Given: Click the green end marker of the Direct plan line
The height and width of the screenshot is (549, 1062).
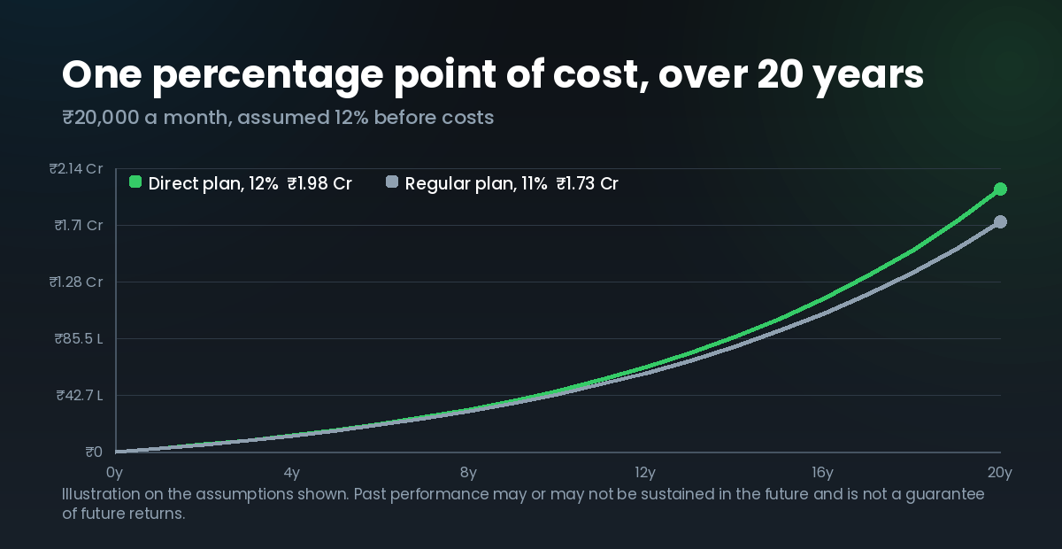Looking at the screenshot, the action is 1000,189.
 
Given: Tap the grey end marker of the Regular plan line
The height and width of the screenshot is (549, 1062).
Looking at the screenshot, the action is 1000,222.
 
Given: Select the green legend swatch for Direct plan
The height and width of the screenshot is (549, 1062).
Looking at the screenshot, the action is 135,182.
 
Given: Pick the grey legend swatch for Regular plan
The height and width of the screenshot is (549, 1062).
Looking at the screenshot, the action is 392,182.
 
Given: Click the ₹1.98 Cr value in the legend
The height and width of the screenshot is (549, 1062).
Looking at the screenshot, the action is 319,183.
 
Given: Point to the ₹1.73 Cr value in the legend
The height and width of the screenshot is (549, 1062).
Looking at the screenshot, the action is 588,183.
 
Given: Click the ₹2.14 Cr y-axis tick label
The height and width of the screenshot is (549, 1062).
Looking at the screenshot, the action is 76,168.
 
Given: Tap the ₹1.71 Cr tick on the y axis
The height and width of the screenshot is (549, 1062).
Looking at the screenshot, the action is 79,225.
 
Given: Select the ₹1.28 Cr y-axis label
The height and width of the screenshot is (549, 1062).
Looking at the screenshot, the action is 76,282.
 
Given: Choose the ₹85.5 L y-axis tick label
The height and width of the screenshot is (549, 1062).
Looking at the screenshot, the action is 79,338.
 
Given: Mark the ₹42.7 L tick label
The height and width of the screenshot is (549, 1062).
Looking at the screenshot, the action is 80,395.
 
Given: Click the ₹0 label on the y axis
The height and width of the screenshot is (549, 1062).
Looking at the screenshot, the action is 94,452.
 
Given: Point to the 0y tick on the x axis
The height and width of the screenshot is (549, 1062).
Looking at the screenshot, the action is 115,473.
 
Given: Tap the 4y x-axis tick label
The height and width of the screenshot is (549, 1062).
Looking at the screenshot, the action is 292,473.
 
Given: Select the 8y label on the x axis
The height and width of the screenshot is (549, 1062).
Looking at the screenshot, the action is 468,473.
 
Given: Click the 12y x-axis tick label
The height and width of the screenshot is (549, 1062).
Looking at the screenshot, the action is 645,473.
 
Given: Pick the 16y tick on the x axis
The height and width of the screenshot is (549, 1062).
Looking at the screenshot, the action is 822,473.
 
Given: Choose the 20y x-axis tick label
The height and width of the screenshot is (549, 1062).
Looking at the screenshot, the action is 1000,473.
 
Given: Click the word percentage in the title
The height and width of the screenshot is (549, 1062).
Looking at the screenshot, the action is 268,76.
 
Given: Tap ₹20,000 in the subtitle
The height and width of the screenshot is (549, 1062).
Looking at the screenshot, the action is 101,118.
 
